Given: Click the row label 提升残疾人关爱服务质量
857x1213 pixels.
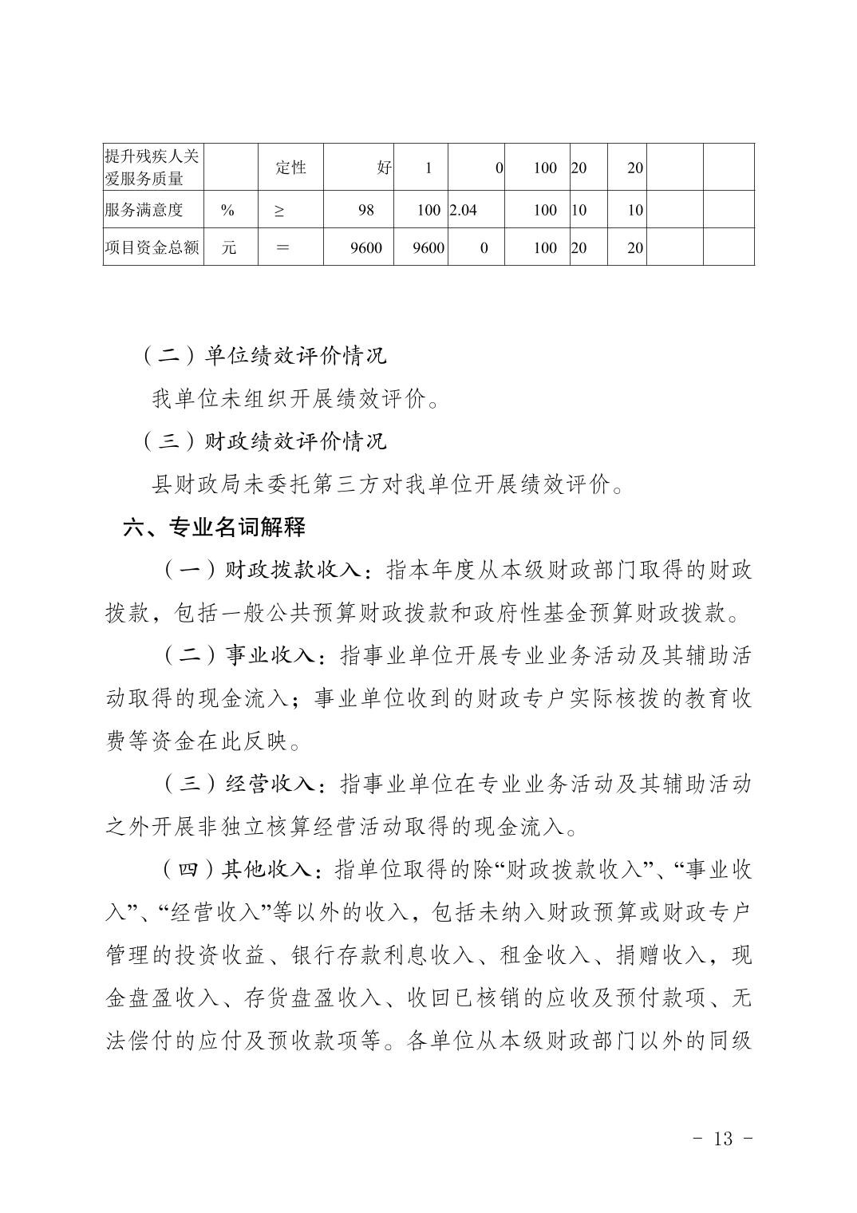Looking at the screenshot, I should click(152, 168).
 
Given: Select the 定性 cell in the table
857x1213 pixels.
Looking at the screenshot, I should click(290, 168).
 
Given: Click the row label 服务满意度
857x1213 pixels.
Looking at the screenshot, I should click(144, 210).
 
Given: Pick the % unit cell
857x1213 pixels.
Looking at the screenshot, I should click(228, 211).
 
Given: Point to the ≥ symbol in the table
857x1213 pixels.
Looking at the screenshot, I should click(279, 211).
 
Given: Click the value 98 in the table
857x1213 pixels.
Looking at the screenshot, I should click(366, 211).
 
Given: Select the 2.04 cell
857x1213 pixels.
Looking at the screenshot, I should click(464, 211).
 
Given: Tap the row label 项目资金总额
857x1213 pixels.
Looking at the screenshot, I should click(152, 247).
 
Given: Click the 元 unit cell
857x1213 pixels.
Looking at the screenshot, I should click(229, 247).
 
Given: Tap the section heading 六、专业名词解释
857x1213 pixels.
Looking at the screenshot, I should click(214, 527).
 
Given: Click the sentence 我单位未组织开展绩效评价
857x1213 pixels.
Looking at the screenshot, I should click(294, 398).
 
